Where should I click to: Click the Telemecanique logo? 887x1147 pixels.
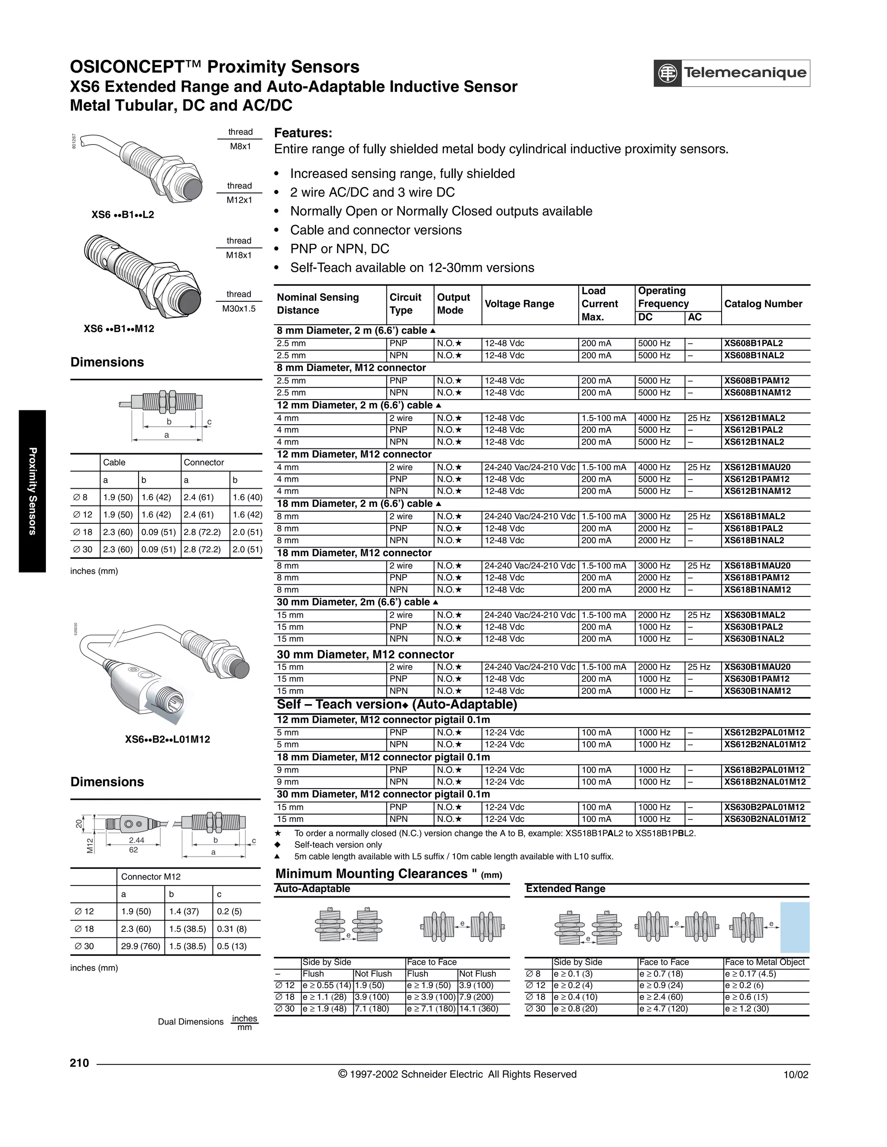coord(731,73)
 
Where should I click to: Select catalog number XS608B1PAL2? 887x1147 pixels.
coord(753,344)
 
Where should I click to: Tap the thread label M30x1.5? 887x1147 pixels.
coord(239,309)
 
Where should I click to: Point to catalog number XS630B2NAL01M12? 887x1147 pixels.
coord(764,819)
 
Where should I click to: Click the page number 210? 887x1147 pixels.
coord(79,1063)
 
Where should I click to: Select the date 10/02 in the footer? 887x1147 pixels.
coord(796,1075)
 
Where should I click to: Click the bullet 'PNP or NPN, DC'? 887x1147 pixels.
coord(340,249)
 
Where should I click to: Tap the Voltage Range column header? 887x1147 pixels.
coord(519,304)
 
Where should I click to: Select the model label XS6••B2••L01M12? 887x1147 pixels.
coord(167,739)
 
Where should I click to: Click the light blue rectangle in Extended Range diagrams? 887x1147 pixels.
coord(794,928)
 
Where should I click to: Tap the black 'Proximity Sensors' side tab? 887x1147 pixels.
coord(32,491)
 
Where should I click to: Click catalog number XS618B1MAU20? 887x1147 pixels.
coord(757,566)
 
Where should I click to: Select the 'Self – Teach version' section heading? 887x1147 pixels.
coord(397,705)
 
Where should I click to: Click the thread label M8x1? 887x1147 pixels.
coord(241,147)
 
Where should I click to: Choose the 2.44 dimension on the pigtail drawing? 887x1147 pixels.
coord(136,840)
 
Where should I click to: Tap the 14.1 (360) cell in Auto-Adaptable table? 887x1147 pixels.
coord(478,1008)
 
